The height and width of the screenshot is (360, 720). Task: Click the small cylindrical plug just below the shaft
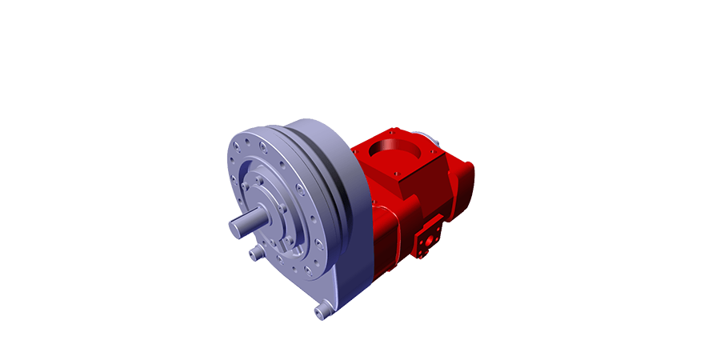point(255,255)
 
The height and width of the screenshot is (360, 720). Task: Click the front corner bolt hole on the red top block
point(398,174)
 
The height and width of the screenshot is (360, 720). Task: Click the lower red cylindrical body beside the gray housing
point(396,240)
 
